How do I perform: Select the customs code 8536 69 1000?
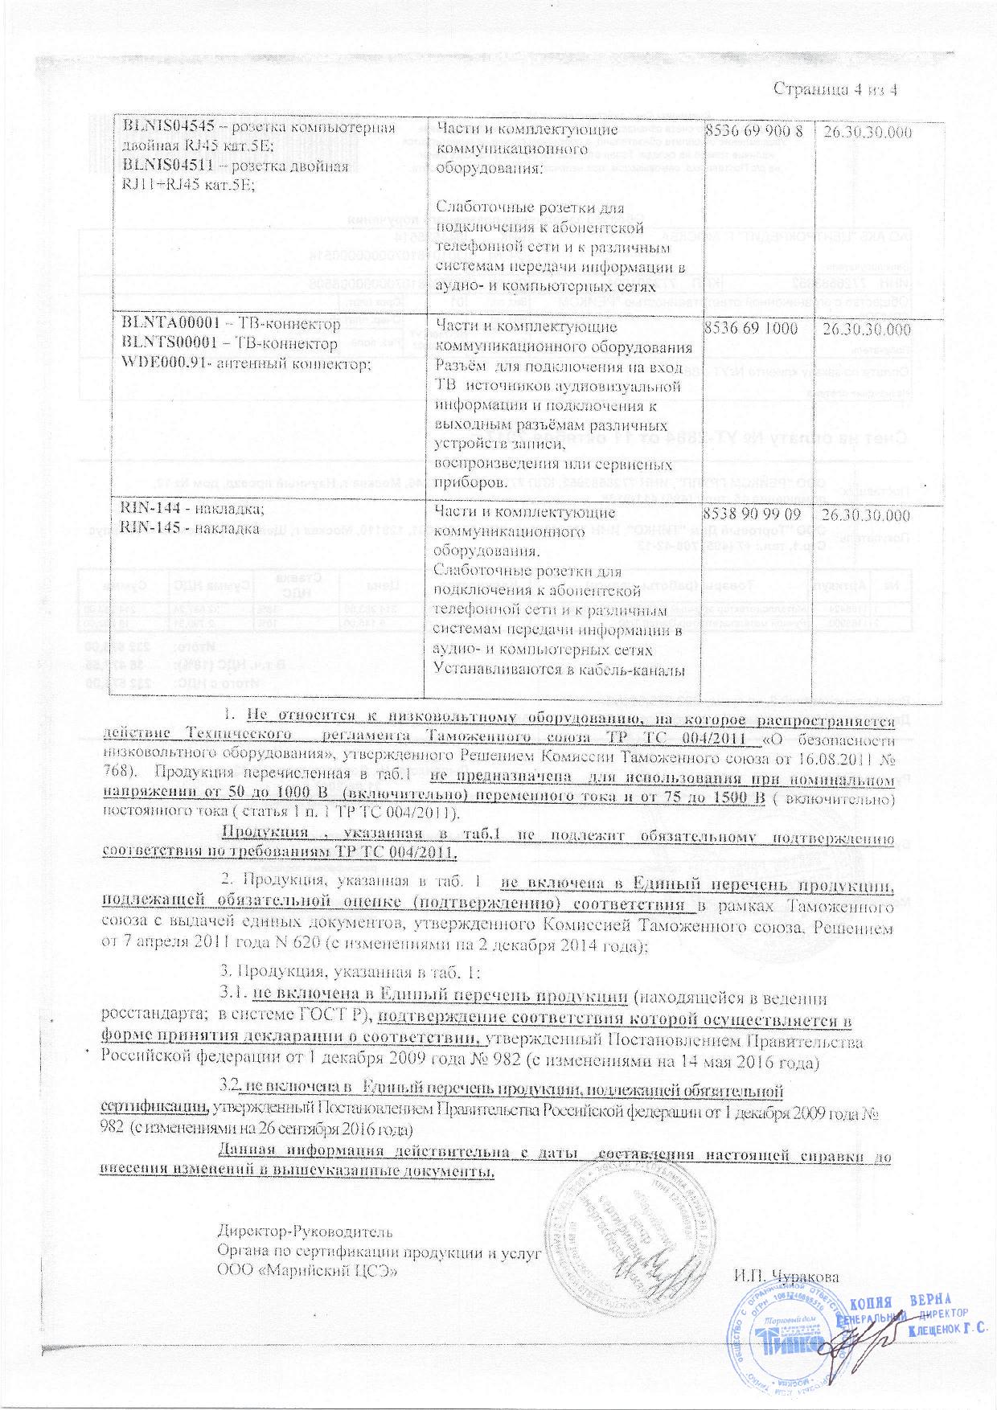click(752, 328)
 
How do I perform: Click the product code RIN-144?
click(147, 512)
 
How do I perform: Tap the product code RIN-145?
click(147, 529)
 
